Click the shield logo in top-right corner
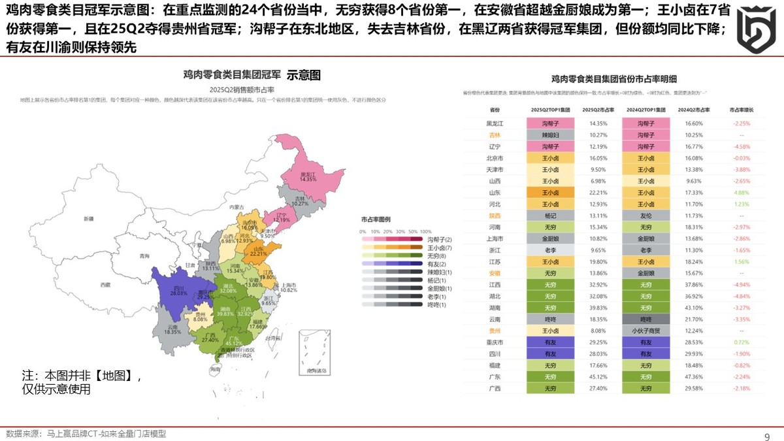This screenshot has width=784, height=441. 756,30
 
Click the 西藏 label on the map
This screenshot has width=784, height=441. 105,285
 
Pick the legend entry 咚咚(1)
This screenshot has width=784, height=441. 436,304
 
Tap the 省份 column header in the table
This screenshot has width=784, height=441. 495,110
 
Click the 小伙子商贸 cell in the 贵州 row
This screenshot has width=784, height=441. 645,331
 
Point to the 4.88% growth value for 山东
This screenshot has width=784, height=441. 741,193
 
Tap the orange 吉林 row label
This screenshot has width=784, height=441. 495,135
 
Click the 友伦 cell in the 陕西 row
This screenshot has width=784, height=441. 645,215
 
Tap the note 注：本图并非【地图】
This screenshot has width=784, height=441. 82,376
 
